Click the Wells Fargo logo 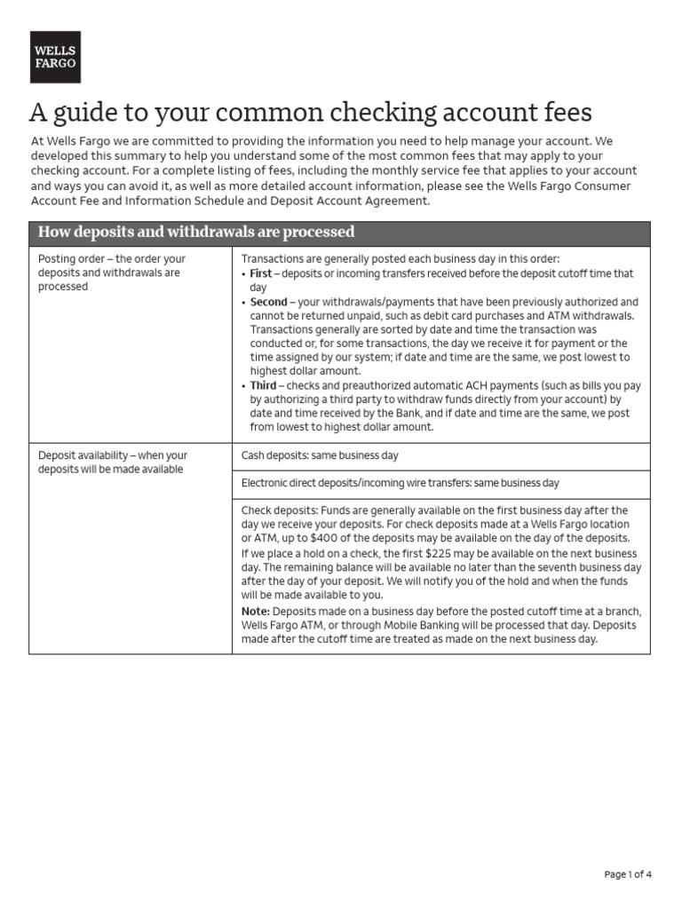[x=55, y=57]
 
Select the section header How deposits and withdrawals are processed [x=195, y=233]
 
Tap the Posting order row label [x=111, y=272]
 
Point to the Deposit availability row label [x=113, y=462]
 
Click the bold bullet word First [x=261, y=274]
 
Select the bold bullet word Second [x=268, y=302]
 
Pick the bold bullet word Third [x=263, y=385]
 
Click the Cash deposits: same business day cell [x=320, y=455]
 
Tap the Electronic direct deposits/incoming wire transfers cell [x=400, y=484]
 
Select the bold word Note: [x=256, y=612]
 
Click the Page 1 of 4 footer [x=628, y=874]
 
